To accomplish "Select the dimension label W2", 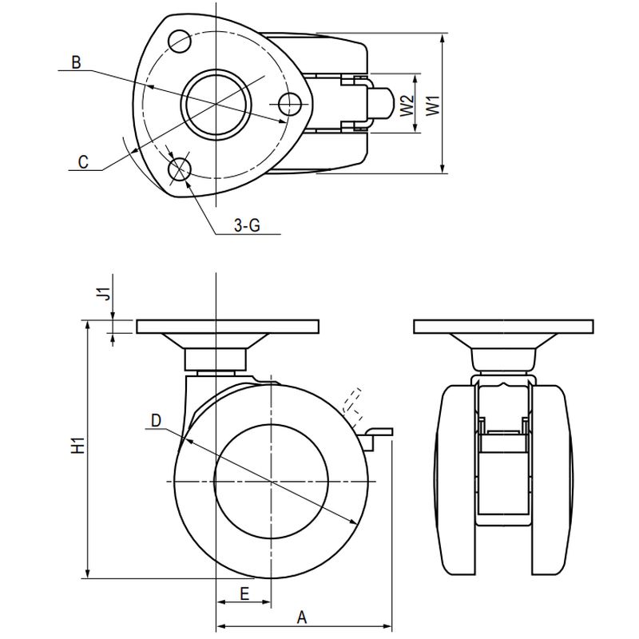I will click(x=407, y=104).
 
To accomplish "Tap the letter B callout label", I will click(x=75, y=62).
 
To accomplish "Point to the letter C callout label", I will click(x=82, y=161).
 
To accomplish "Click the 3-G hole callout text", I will click(x=247, y=226).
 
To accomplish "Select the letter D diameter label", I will click(x=156, y=420).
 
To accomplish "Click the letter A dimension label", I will click(x=302, y=617).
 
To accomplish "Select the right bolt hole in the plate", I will click(x=292, y=102).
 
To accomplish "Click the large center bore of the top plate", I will click(x=216, y=103).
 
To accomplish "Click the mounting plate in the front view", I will click(x=503, y=327).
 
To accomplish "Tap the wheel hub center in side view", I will click(x=272, y=482).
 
